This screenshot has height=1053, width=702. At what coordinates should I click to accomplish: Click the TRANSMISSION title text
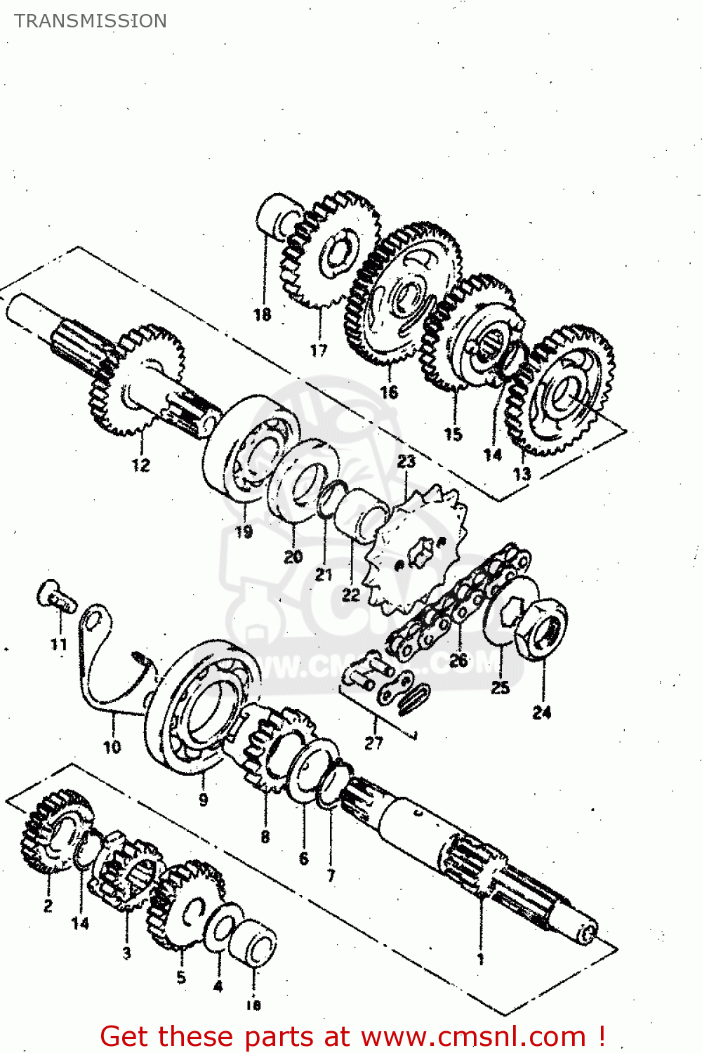coord(91,21)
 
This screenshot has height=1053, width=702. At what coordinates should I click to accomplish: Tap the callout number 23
coord(406,461)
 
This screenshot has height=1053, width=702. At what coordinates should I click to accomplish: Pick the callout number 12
coord(141,465)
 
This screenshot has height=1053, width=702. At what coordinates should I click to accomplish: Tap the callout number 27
coord(374,743)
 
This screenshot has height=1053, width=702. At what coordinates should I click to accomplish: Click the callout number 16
coord(389,392)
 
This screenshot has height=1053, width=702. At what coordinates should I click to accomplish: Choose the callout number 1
coord(481,959)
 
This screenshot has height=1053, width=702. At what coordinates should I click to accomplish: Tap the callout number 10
coord(112,747)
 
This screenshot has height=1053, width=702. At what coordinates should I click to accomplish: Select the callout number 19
coord(244,532)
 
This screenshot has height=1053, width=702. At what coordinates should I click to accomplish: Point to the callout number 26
coord(458,661)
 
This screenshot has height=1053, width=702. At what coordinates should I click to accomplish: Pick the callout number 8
coord(265,837)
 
